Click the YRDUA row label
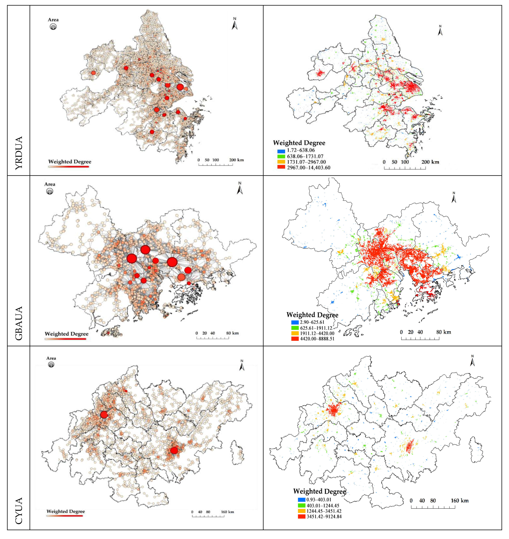pyautogui.click(x=18, y=153)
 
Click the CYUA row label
pyautogui.click(x=18, y=511)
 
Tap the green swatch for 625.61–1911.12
pyautogui.click(x=295, y=328)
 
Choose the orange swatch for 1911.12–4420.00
pyautogui.click(x=295, y=333)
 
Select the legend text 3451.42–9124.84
pyautogui.click(x=324, y=517)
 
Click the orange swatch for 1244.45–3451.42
pyautogui.click(x=301, y=511)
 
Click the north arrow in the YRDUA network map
pyautogui.click(x=235, y=24)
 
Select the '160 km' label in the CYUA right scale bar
pyautogui.click(x=460, y=500)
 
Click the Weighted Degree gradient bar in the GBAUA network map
pyautogui.click(x=65, y=339)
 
